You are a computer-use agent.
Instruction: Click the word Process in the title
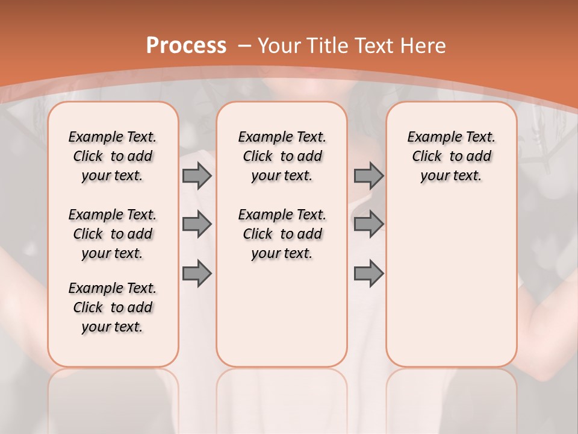click(x=186, y=46)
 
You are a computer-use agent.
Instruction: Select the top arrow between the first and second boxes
click(x=197, y=175)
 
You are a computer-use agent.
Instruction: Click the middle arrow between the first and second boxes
click(x=197, y=224)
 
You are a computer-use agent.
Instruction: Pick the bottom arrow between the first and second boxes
click(x=197, y=274)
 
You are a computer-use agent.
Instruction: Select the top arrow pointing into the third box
click(x=368, y=175)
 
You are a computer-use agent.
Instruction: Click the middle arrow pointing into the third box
click(x=368, y=224)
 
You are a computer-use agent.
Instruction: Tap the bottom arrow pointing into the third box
click(x=368, y=274)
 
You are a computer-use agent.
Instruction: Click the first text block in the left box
click(x=113, y=156)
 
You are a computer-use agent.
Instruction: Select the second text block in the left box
click(x=113, y=234)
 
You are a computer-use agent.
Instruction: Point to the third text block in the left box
click(x=113, y=307)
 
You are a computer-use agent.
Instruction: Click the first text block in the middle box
click(x=282, y=156)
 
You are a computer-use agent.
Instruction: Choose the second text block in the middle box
click(x=282, y=234)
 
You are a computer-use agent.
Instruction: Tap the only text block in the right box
click(x=451, y=156)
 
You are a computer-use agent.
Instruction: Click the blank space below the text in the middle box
click(x=282, y=313)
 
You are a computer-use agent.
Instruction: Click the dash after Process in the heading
click(x=244, y=46)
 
